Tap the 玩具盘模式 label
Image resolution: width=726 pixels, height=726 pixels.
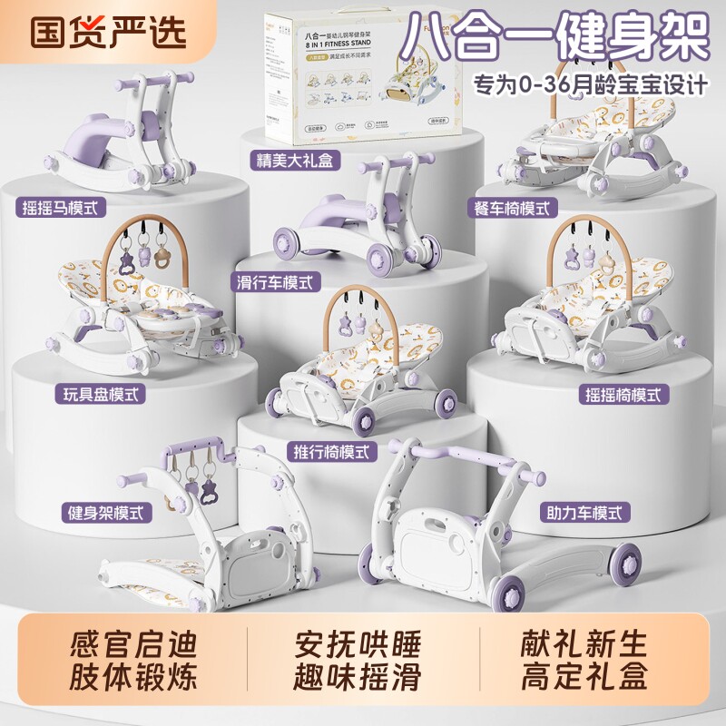click(103, 395)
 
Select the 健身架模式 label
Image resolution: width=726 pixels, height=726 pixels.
click(106, 511)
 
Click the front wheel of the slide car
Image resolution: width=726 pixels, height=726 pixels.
click(288, 243)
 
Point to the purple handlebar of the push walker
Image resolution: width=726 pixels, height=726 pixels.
click(454, 446)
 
